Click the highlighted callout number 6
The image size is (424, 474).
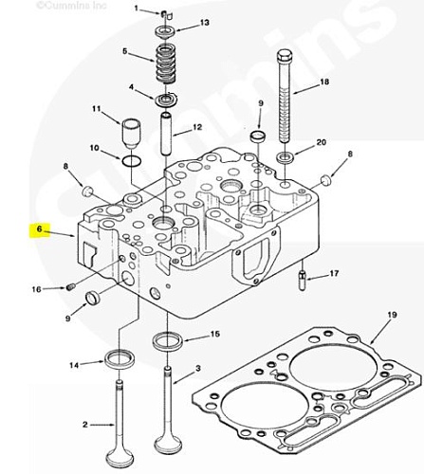[x=39, y=228]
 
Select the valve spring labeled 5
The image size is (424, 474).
[x=165, y=64]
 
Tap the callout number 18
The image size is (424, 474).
[x=324, y=82]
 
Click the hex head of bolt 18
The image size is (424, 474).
[x=284, y=56]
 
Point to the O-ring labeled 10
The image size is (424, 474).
[x=132, y=161]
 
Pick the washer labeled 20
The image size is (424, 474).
[x=286, y=157]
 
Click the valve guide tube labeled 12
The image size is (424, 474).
[x=166, y=134]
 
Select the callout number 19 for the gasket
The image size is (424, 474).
[x=392, y=315]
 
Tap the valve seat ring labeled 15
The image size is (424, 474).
[x=168, y=341]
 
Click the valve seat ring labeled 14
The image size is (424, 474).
[x=120, y=359]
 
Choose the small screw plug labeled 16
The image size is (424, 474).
[x=71, y=287]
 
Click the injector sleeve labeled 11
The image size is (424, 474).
[x=132, y=134]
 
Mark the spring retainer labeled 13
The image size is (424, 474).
[x=165, y=32]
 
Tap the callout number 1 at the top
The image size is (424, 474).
[x=137, y=8]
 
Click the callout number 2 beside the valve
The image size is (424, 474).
[x=84, y=425]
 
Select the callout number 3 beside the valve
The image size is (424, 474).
[x=198, y=368]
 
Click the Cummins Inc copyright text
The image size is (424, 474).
[x=72, y=6]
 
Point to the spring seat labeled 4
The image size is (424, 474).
[x=165, y=100]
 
